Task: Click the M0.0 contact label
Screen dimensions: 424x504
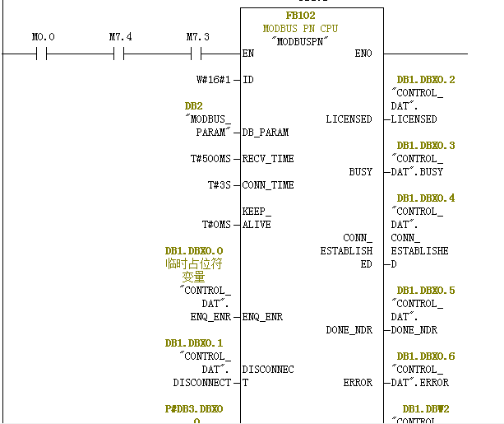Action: click(x=43, y=37)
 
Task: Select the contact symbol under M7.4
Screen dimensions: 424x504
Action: click(x=118, y=54)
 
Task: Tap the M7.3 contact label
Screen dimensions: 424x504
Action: click(x=197, y=37)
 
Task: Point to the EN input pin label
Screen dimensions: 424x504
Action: click(x=248, y=54)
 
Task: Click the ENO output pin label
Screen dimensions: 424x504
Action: click(x=363, y=54)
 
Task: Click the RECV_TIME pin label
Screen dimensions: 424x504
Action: click(x=268, y=159)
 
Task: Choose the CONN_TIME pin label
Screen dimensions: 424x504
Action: click(x=268, y=185)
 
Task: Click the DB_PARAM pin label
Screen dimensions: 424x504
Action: click(x=266, y=133)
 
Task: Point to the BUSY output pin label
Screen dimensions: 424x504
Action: click(x=360, y=172)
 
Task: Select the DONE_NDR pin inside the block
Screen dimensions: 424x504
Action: click(x=349, y=330)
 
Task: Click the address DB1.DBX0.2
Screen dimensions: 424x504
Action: click(x=425, y=80)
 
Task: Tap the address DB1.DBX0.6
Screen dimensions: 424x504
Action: click(x=425, y=356)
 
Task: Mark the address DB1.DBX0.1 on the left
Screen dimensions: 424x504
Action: click(x=193, y=343)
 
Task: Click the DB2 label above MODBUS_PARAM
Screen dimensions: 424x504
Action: click(x=193, y=106)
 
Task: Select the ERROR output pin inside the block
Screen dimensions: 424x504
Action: click(x=358, y=383)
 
